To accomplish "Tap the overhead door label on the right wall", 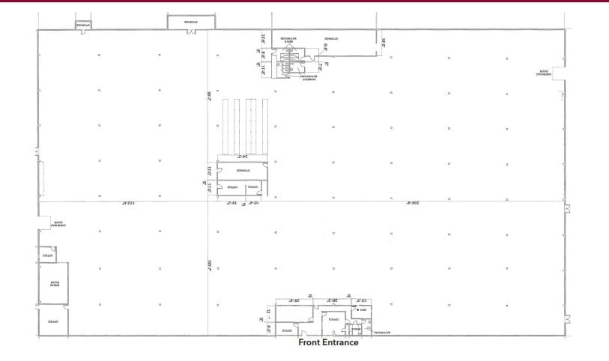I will click(x=543, y=73).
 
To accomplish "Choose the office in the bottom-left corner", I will click(x=53, y=321).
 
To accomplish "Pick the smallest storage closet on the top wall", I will click(x=82, y=25).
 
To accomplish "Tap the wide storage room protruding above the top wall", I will click(x=181, y=22).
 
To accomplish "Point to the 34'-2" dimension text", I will click(x=243, y=157).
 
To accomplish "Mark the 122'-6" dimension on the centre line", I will click(x=122, y=204).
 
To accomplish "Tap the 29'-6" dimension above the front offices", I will click(x=295, y=300).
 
